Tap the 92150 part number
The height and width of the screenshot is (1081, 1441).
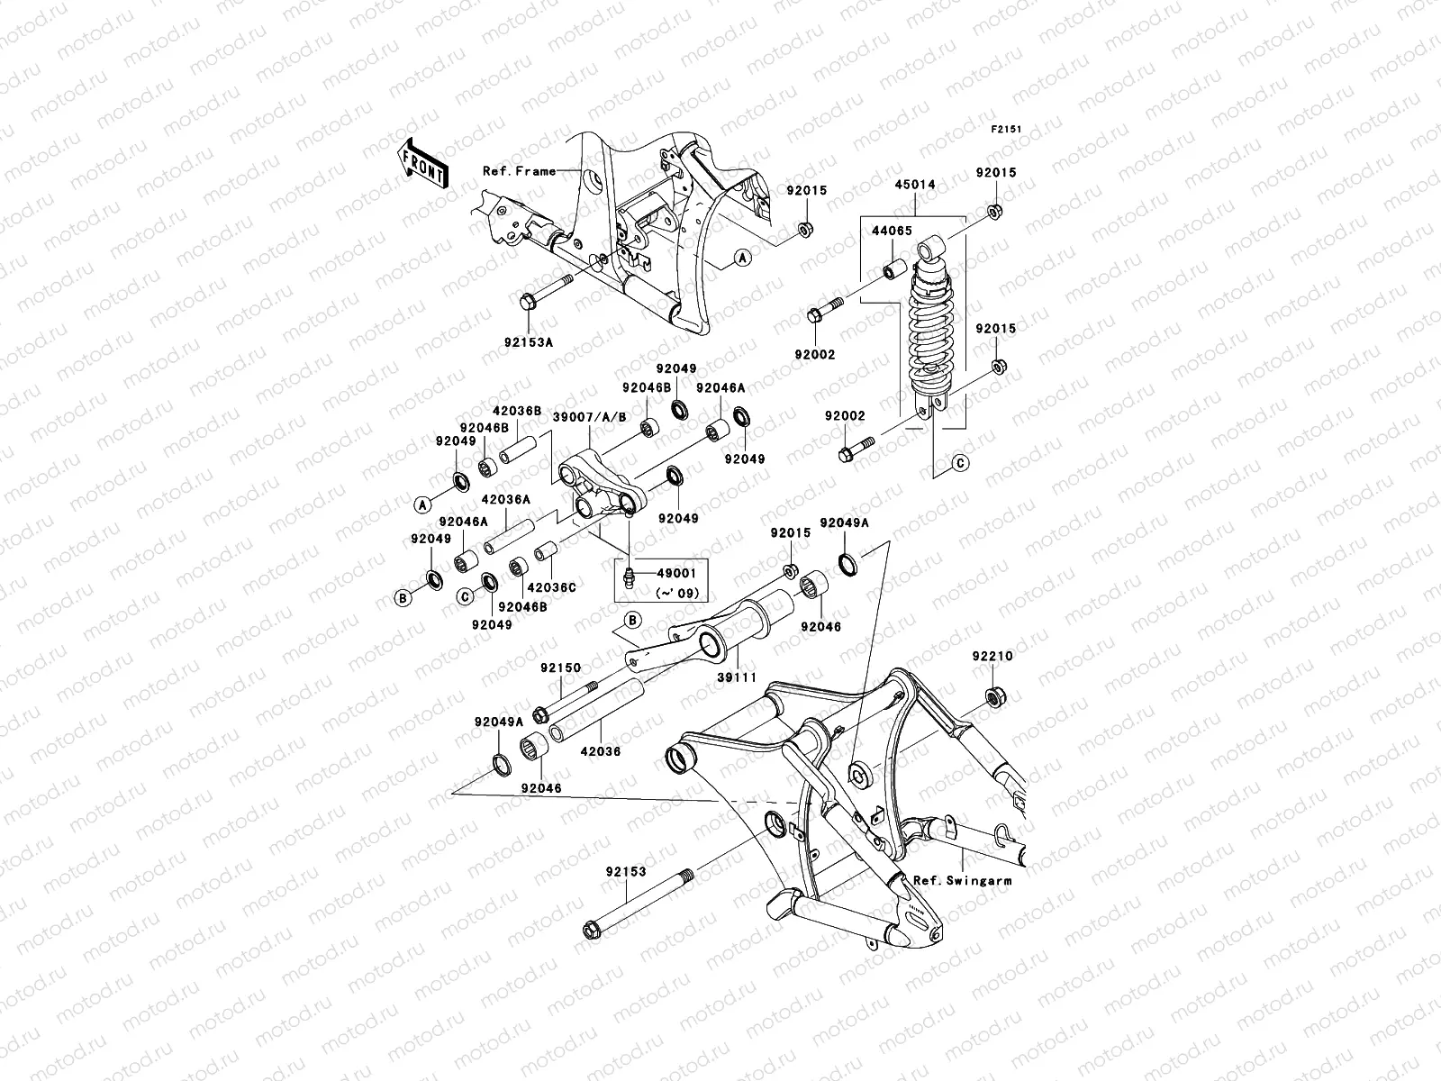point(560,668)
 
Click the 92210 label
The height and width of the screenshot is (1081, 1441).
point(992,657)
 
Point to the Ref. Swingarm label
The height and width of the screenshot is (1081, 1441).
point(962,880)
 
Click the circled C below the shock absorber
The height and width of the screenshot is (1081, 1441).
point(960,463)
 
